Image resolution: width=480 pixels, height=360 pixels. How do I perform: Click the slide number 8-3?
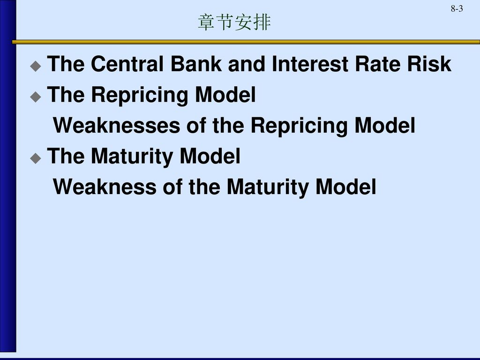pos(457,8)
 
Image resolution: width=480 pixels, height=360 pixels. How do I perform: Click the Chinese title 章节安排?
pos(234,22)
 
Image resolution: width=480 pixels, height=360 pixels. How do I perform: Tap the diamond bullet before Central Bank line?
pos(36,66)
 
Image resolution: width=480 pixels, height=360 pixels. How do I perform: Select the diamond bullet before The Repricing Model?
pos(36,97)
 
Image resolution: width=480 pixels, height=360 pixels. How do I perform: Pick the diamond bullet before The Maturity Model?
pos(36,158)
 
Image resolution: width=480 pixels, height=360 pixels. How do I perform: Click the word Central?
pos(127,64)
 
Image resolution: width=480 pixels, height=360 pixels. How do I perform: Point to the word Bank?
pos(196,64)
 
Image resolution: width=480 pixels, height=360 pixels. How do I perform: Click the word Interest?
pos(310,64)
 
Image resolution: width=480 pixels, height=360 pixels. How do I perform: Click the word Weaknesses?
pos(117,125)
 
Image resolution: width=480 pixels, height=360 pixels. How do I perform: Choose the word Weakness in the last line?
pos(105,187)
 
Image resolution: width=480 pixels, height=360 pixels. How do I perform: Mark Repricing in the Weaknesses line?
pos(299,126)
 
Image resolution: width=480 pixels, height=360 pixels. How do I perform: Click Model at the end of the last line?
pos(346,187)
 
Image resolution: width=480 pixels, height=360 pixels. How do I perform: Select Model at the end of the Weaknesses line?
pos(385,125)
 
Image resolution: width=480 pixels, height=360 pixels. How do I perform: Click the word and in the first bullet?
pos(247,64)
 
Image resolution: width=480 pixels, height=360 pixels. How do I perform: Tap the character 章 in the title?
pos(207,22)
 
